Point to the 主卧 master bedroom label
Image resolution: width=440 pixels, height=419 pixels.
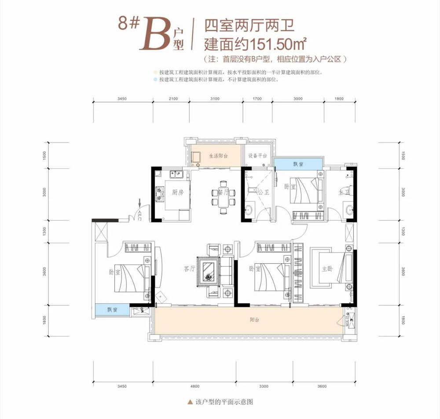(327, 269)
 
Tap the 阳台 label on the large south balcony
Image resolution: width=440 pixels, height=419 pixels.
(254, 320)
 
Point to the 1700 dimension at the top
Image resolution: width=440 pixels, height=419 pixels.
(257, 99)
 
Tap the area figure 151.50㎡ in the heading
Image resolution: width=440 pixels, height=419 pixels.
(278, 44)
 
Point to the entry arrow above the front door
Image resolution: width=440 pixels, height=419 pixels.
(140, 203)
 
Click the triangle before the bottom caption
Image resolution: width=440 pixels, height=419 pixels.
(190, 402)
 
